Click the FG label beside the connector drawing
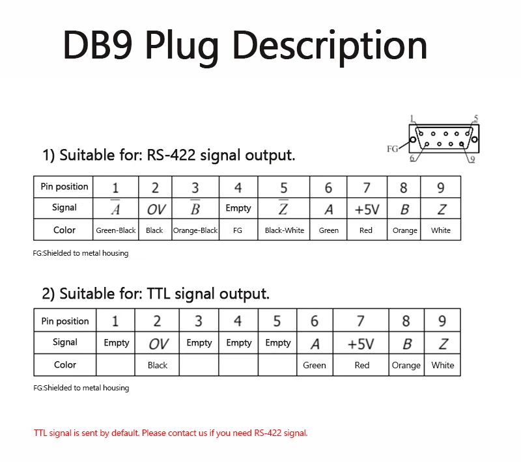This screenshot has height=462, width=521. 392,149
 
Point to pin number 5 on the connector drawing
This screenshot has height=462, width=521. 476,118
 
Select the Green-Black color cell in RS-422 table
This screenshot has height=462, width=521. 116,230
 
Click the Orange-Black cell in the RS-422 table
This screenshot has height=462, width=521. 195,230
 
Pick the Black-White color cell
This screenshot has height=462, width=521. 285,230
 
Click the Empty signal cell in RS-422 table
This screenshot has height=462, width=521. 238,209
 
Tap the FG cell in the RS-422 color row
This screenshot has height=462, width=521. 238,230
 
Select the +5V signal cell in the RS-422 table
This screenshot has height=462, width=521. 367,209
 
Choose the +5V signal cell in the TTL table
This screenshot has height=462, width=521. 361,344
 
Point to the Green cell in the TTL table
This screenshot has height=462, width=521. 315,365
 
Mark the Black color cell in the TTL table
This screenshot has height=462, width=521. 158,365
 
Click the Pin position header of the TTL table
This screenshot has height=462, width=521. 65,321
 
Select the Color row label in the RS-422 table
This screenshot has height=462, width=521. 64,230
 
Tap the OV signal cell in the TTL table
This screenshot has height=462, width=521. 158,344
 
